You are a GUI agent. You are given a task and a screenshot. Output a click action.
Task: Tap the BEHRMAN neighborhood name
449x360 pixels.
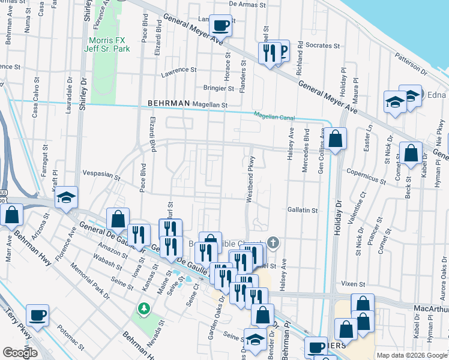coord(169,104)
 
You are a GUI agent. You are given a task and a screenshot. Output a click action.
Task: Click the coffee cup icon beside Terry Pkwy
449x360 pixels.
coord(38,315)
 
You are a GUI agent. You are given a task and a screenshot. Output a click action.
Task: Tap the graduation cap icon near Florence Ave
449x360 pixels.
coord(66,197)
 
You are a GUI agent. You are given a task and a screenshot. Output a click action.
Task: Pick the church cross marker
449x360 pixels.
coord(273,243)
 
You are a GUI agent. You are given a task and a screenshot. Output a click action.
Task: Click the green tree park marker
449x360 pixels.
coord(143,308)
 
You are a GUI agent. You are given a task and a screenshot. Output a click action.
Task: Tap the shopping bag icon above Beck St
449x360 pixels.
coord(411,153)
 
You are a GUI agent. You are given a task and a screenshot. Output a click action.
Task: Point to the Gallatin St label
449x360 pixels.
coord(302,211)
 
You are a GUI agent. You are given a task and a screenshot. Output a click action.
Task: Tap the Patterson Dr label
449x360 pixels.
coord(411,64)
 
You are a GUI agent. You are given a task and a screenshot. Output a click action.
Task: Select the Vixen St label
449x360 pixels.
coord(353,283)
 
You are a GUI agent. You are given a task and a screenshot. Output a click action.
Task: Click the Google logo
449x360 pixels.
coord(20,353)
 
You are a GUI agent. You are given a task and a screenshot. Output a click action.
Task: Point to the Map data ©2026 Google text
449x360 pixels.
coord(412,355)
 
